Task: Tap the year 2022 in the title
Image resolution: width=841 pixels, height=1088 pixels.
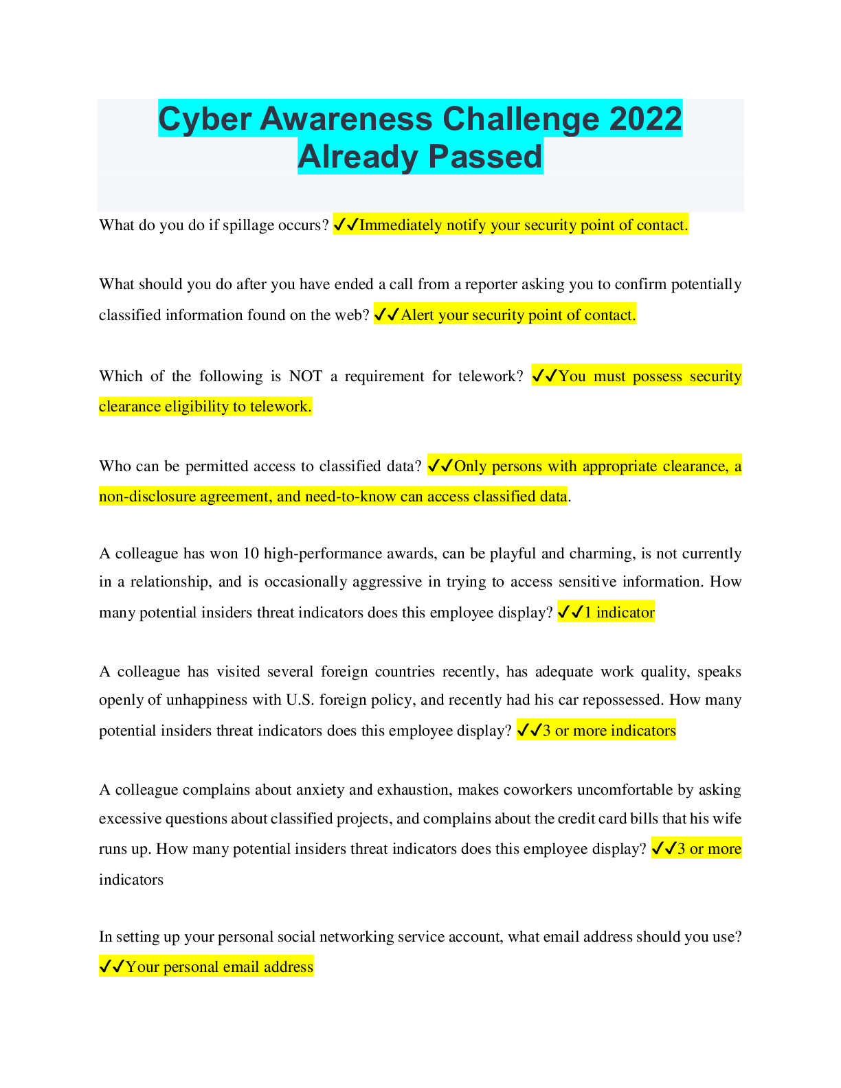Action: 645,119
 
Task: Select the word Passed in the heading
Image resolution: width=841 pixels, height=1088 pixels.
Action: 485,156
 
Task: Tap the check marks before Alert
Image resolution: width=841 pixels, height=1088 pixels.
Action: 388,315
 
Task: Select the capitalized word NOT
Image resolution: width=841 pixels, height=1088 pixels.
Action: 306,376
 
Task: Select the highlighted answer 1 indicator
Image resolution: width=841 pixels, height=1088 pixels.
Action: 620,613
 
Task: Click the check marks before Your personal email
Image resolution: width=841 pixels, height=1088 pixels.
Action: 112,966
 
